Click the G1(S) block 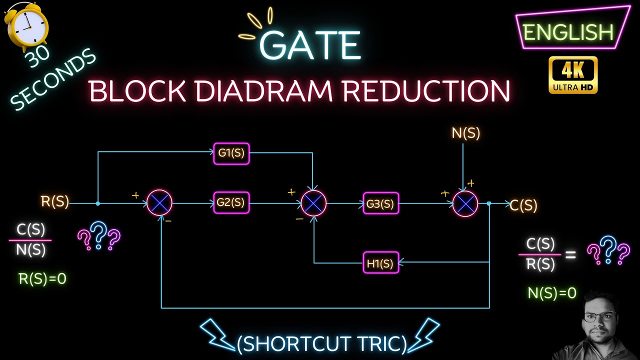[x=231, y=153]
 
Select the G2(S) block [x=231, y=203]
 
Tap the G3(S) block [x=381, y=203]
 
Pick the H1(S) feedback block [x=381, y=262]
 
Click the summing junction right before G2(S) [x=160, y=203]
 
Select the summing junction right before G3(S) [x=313, y=203]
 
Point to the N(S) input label [x=465, y=133]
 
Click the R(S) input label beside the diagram [x=55, y=202]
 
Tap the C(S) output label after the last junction [x=523, y=205]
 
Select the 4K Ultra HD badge [x=573, y=75]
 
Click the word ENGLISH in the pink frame [x=568, y=33]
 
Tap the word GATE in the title [x=310, y=45]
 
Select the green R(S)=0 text [x=42, y=279]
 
